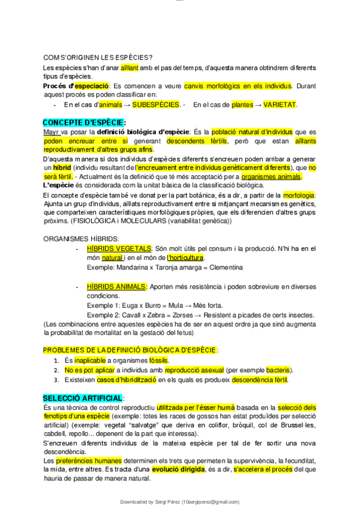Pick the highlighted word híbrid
62,167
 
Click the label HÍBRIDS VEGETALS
119,248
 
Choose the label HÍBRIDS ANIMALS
116,287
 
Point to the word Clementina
222,267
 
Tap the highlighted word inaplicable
90,361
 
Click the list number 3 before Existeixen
56,380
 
